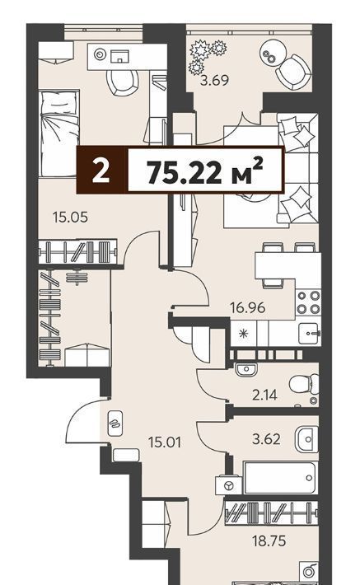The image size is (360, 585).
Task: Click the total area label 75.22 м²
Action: point(205,171)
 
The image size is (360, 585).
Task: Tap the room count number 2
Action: point(101,171)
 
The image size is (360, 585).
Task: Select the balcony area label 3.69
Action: point(214,80)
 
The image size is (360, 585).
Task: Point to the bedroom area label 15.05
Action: point(71,217)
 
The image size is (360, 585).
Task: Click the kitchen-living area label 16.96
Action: point(248,308)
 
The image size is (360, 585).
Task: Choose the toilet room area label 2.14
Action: point(265,395)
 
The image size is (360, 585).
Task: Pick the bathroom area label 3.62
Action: point(266,438)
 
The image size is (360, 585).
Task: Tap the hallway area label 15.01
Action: point(165,442)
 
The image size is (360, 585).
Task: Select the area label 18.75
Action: point(269,541)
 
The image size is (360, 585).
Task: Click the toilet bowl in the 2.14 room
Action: point(304,384)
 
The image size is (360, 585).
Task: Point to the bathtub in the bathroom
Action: point(280,478)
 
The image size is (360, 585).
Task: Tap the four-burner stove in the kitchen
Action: point(308,302)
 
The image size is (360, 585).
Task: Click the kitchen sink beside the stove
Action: point(309,333)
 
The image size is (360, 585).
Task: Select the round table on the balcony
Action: point(273,53)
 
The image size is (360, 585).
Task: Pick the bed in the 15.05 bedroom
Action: point(59,133)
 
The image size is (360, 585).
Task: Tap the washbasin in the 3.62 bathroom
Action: point(306,439)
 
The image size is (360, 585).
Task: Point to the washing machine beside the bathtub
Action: point(228,485)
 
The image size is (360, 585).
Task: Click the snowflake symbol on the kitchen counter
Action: point(243,333)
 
